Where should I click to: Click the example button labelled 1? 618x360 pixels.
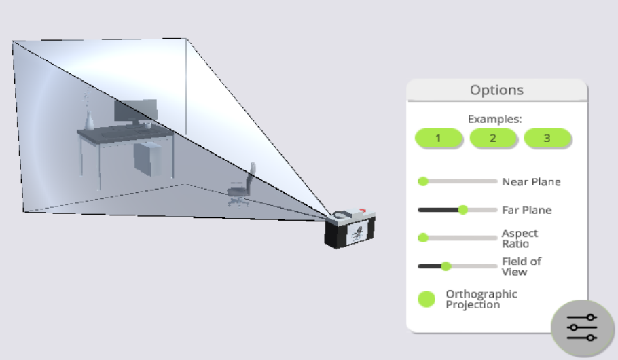438,138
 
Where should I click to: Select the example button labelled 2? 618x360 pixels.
492,138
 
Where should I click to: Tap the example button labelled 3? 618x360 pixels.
547,138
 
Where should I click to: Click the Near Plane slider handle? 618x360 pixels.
423,181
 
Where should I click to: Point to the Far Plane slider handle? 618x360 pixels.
463,210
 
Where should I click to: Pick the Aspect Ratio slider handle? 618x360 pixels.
423,238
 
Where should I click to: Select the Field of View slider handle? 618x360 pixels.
446,266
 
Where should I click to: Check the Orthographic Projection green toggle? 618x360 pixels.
426,300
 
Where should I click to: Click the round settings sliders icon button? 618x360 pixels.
582,327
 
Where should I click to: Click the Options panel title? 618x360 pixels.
496,90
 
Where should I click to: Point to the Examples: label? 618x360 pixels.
494,119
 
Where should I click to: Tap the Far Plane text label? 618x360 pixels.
526,210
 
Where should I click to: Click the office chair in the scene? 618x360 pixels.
241,185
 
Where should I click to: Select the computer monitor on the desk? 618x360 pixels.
136,112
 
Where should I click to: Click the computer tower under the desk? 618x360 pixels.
148,158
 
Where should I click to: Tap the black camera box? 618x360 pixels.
350,229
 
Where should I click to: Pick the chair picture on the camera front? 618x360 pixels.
358,233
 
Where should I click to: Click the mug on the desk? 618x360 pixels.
148,126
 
